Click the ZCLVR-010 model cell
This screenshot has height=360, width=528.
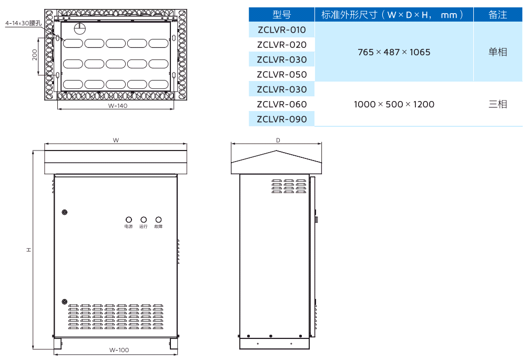pyautogui.click(x=281, y=29)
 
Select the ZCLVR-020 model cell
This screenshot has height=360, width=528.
pyautogui.click(x=281, y=45)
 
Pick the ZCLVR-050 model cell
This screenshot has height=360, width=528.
pyautogui.click(x=281, y=74)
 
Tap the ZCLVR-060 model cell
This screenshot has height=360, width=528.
pyautogui.click(x=281, y=104)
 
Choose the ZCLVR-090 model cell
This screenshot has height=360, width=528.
pyautogui.click(x=281, y=119)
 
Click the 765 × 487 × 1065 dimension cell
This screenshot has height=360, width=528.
pyautogui.click(x=394, y=52)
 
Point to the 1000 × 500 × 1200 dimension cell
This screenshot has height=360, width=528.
pyautogui.click(x=394, y=104)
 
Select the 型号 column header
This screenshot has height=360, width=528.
pyautogui.click(x=281, y=15)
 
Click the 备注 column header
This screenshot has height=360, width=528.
pyautogui.click(x=497, y=15)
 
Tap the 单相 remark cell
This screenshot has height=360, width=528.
pyautogui.click(x=497, y=52)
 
